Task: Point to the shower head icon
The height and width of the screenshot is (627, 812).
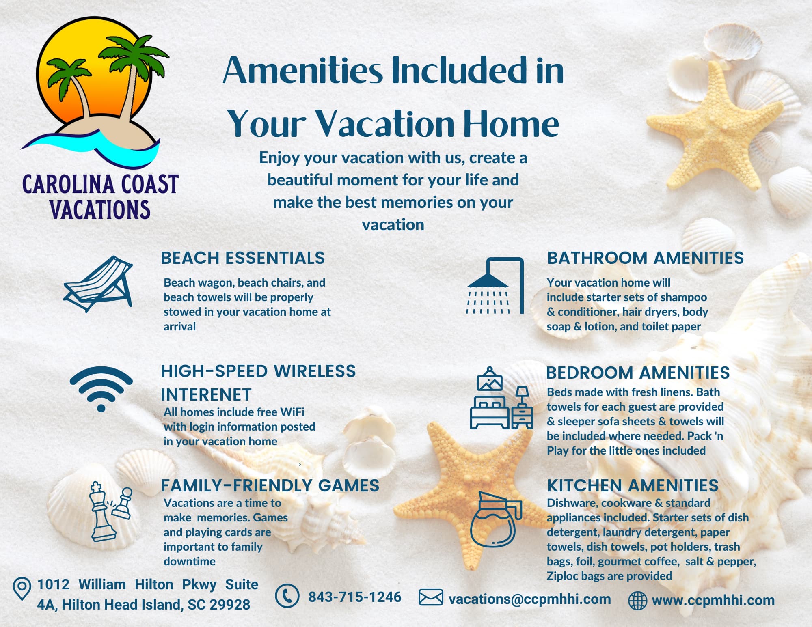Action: click(495, 286)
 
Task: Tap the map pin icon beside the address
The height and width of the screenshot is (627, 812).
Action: click(22, 589)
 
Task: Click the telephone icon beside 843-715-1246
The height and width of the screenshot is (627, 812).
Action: click(287, 596)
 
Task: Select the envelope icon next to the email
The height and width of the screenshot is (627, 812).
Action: click(431, 598)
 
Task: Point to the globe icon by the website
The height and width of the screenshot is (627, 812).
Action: click(637, 601)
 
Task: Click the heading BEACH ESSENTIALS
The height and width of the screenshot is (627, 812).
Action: click(243, 258)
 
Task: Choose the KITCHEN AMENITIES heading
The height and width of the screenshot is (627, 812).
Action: click(633, 486)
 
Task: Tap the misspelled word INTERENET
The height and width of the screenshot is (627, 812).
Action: click(206, 395)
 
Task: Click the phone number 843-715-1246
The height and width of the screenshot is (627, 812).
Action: click(355, 597)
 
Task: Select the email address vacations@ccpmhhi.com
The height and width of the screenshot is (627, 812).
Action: click(530, 599)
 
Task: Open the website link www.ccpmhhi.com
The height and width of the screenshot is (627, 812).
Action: click(713, 600)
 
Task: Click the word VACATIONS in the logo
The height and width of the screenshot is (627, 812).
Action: click(100, 209)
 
